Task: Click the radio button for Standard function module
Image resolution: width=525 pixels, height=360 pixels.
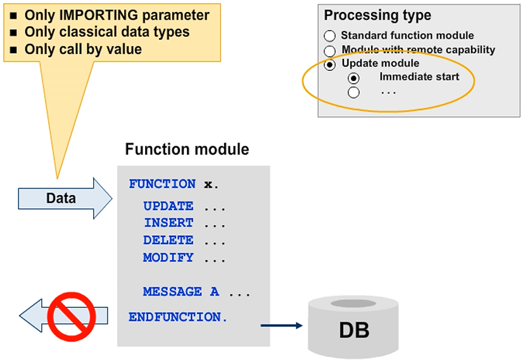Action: (329, 36)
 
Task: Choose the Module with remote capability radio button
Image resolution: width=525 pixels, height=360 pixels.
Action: (329, 50)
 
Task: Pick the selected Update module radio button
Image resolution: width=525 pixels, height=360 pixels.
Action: (329, 64)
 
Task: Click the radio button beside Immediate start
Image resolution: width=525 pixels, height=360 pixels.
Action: (353, 78)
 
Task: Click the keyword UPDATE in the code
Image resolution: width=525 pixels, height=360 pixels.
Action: (168, 206)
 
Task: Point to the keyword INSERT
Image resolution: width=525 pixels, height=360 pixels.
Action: (168, 223)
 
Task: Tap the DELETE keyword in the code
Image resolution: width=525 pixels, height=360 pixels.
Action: (168, 240)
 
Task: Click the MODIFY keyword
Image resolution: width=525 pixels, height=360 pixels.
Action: (168, 257)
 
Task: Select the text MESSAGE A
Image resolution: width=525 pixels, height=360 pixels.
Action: (181, 292)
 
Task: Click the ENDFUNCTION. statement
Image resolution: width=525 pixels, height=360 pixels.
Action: (178, 316)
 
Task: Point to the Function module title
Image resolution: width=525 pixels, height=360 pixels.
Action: (187, 150)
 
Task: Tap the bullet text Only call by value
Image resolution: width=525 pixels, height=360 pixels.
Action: (83, 49)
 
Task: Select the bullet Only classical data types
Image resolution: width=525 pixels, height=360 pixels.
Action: (106, 32)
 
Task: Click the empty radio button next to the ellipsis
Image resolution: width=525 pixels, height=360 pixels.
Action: (353, 93)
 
